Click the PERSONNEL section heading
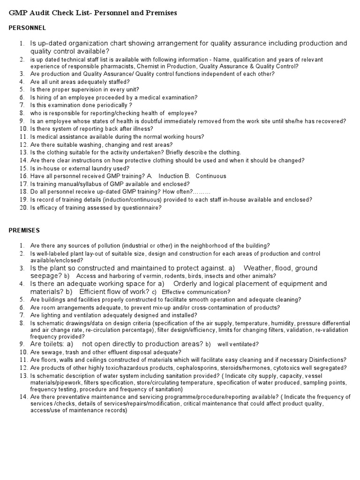27,28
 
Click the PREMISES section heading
24,230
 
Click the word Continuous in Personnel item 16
211,176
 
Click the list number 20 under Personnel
23,208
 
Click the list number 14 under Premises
23,397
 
